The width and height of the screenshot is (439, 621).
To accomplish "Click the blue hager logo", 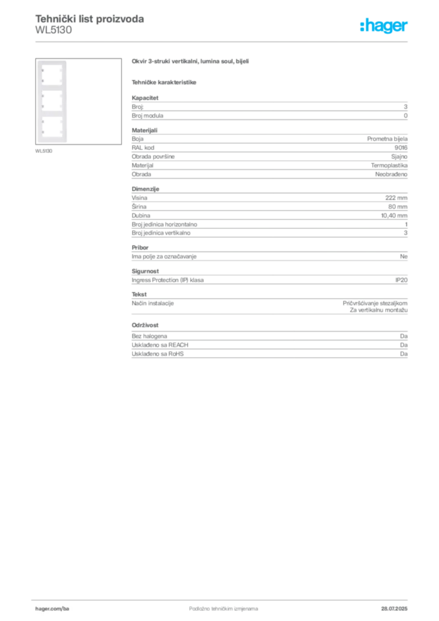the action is [x=384, y=27].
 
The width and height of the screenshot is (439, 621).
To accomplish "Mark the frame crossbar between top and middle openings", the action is [x=52, y=87].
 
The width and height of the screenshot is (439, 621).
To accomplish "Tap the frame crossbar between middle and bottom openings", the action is [x=52, y=114].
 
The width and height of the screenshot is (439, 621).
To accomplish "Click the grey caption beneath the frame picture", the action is [x=44, y=151].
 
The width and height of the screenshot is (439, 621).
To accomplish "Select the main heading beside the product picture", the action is [x=191, y=61].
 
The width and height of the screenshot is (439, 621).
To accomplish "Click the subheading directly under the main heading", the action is [x=165, y=82].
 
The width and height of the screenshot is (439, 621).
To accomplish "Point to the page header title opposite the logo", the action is [x=90, y=19].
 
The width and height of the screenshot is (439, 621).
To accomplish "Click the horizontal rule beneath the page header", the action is [x=223, y=41].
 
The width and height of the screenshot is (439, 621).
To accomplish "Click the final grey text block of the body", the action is [x=269, y=347].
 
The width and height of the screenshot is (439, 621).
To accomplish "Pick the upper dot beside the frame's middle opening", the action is [x=42, y=95].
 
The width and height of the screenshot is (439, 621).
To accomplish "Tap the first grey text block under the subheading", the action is [x=269, y=109].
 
